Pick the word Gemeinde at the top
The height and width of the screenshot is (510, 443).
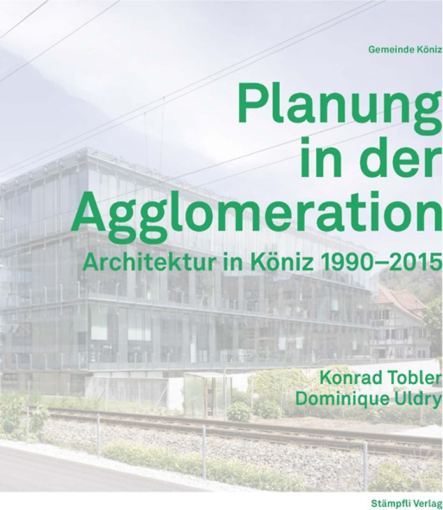coord(388,48)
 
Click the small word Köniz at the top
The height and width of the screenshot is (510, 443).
coord(428,48)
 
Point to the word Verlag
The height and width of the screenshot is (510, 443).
coord(427,494)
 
